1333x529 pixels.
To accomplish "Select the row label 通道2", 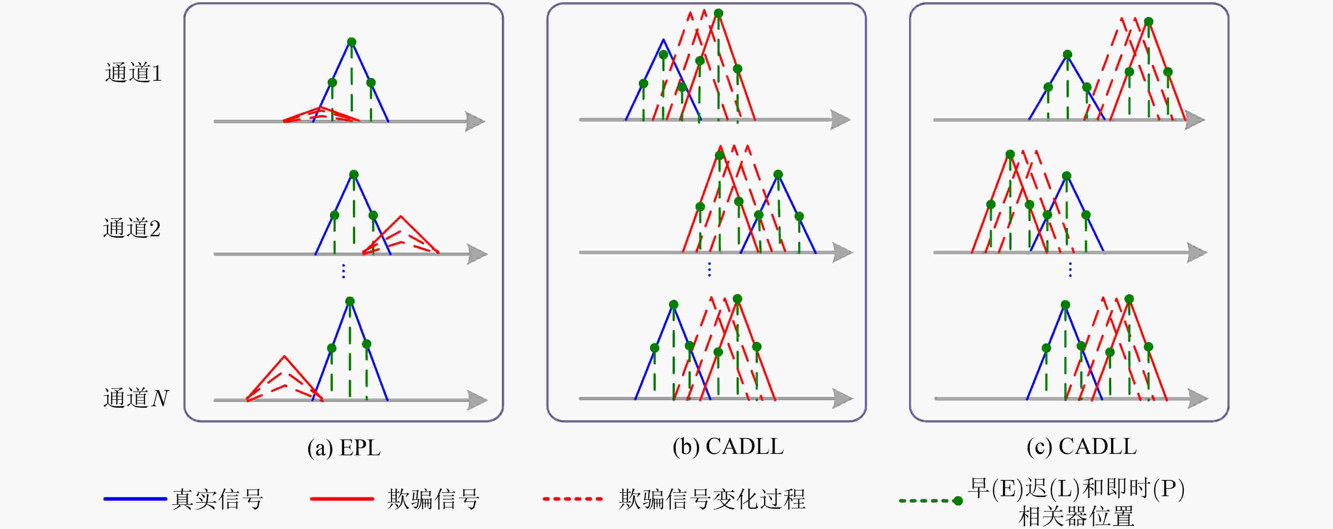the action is coord(132,228).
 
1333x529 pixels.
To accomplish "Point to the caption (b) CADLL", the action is coord(728,447).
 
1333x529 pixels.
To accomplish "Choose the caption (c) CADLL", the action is coord(1082,447).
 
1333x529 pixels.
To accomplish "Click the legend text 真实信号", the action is coord(218,499).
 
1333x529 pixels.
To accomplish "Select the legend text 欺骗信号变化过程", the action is coord(712,499).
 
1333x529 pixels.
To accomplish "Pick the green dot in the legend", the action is coord(958,500).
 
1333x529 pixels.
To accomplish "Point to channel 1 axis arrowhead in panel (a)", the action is coord(475,121).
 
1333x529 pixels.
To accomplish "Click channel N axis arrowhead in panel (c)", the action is coord(1198,399).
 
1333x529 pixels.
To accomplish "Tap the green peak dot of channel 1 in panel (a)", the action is coord(351,42).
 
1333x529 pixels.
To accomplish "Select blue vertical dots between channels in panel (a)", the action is coord(343,271).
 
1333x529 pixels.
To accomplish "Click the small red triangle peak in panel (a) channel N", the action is coord(284,356).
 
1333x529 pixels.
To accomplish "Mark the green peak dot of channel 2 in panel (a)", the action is coord(354,175).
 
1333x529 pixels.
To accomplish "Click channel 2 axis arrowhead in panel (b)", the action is coord(842,253).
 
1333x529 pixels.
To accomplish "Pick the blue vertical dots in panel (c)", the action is coord(1070,269).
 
